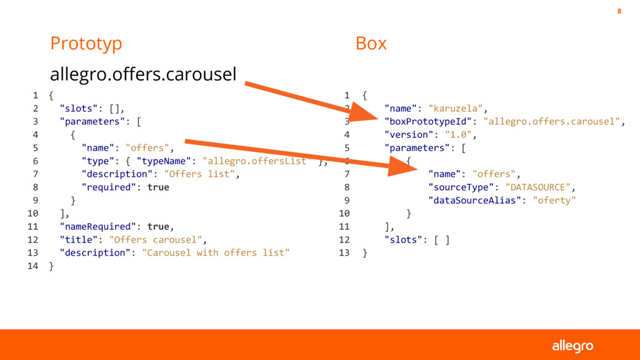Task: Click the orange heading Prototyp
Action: click(86, 44)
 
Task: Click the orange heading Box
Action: click(371, 44)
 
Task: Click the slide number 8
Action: click(619, 11)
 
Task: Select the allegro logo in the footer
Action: click(572, 346)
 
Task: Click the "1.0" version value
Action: click(459, 134)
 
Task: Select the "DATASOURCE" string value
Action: click(538, 187)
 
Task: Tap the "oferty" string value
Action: click(554, 200)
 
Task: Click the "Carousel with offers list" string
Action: click(216, 252)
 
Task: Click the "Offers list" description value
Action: click(201, 174)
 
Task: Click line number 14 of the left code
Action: click(33, 266)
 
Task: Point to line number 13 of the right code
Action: click(344, 252)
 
